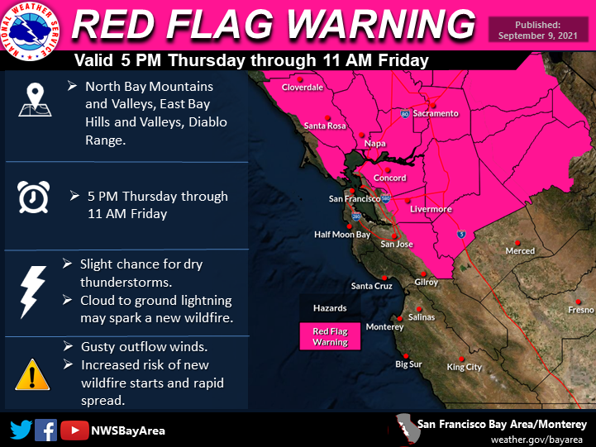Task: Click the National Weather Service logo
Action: coord(31,32)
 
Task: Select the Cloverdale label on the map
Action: coord(303,87)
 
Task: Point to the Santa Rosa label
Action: coord(325,126)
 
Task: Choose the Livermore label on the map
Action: coord(432,209)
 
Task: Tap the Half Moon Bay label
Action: coord(342,235)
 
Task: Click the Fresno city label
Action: coord(580,310)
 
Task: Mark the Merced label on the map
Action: coord(520,250)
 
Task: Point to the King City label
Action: coord(464,367)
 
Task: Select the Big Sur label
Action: coord(408,364)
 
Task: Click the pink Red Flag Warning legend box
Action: coord(330,336)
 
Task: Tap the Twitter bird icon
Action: coord(21,430)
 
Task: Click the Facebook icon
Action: coord(47,430)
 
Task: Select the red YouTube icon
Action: coord(75,430)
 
